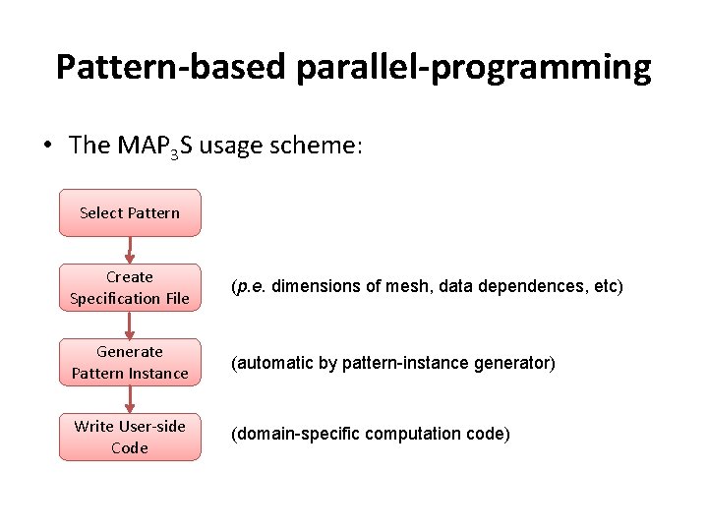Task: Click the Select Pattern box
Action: (130, 212)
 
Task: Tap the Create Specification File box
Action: (130, 287)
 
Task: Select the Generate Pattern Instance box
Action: (130, 362)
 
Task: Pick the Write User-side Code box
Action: (130, 437)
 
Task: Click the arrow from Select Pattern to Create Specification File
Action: (130, 250)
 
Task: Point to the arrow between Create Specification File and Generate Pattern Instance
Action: (130, 324)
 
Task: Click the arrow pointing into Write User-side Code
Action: (130, 399)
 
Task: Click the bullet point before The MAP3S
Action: (47, 146)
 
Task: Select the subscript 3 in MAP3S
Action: (173, 152)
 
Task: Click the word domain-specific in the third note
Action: (286, 434)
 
